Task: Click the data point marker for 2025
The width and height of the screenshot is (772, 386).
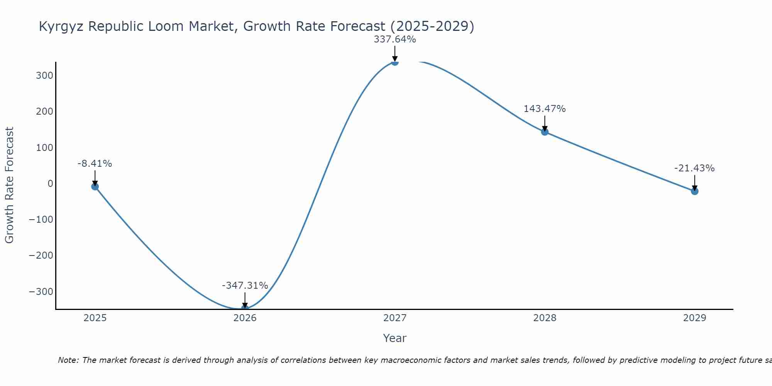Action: (x=95, y=186)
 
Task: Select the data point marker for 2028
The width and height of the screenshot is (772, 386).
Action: (x=545, y=132)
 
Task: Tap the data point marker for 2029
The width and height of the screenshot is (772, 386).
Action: (x=694, y=191)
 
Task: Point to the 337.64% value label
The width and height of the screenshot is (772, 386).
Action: (x=394, y=39)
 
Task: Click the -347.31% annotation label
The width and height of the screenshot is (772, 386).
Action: (x=245, y=286)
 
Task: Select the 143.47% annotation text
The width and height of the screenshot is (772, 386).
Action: (x=544, y=109)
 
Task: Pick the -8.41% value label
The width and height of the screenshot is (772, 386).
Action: (x=95, y=164)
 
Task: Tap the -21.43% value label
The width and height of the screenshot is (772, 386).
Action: (x=694, y=168)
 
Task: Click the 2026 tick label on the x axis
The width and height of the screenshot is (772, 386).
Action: (x=245, y=318)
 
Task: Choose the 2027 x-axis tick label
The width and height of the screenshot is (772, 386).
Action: (x=394, y=318)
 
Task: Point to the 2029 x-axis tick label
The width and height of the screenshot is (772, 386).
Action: (x=694, y=318)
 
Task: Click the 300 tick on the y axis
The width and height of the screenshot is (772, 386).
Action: (x=44, y=75)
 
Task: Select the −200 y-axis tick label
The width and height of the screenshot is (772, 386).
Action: (x=41, y=256)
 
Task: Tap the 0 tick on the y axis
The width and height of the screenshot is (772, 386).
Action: (x=50, y=183)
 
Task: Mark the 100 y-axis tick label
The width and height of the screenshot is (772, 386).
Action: (x=44, y=147)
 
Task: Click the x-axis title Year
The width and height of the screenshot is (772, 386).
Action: (x=394, y=339)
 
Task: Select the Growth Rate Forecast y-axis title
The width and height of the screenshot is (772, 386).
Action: (x=9, y=185)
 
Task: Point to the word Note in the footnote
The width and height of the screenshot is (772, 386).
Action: (x=68, y=360)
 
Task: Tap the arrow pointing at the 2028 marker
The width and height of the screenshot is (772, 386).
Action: (x=545, y=124)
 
